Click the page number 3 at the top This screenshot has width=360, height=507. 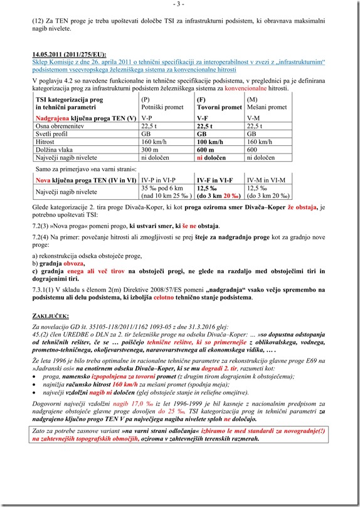click(x=179, y=4)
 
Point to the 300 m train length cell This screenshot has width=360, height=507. click(x=151, y=150)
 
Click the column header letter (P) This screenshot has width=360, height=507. click(x=146, y=100)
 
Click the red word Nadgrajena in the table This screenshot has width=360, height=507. click(x=56, y=117)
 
